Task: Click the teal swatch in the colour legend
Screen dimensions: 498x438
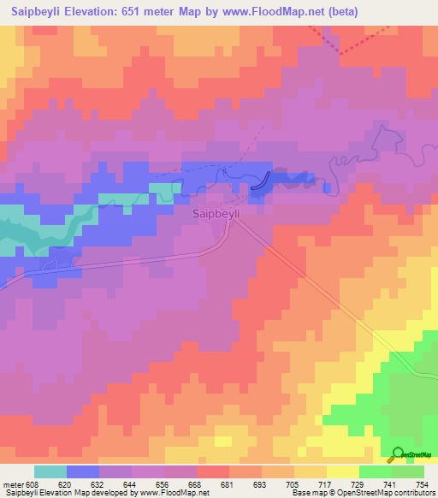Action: coord(50,471)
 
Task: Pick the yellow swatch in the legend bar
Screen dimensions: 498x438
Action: coord(342,471)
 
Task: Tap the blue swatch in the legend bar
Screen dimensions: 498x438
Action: coord(83,471)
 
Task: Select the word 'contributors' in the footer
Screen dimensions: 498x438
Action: coord(416,493)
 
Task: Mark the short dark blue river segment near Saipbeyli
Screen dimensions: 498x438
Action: coord(263,179)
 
